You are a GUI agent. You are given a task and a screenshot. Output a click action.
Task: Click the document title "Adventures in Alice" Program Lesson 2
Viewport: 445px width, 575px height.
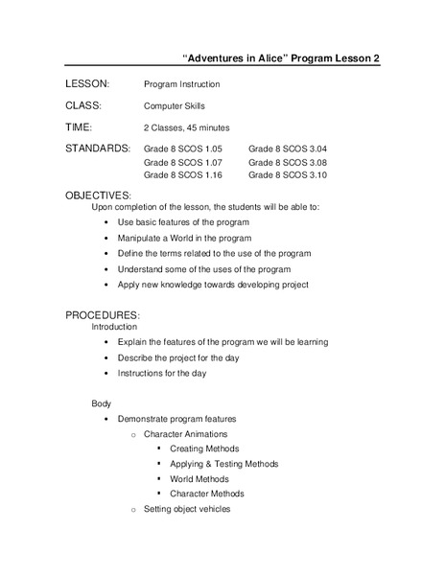pyautogui.click(x=282, y=57)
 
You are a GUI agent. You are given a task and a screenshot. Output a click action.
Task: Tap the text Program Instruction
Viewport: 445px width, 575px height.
pyautogui.click(x=182, y=84)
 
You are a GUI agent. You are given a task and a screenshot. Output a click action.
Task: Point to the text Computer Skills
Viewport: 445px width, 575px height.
pyautogui.click(x=175, y=106)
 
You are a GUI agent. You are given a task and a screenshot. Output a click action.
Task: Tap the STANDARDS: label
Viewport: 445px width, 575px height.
pyautogui.click(x=98, y=149)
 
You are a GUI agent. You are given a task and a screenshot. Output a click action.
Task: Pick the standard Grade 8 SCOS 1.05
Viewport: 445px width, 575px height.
pyautogui.click(x=183, y=149)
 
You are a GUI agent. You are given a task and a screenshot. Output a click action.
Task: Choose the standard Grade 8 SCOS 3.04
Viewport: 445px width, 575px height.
pyautogui.click(x=288, y=149)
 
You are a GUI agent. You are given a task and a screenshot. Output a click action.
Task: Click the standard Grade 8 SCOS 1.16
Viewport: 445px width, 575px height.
pyautogui.click(x=183, y=175)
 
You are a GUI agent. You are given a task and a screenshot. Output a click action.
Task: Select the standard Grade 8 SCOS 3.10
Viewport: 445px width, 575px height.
pyautogui.click(x=288, y=175)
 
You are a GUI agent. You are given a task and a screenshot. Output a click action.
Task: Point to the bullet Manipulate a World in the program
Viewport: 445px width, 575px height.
pyautogui.click(x=184, y=238)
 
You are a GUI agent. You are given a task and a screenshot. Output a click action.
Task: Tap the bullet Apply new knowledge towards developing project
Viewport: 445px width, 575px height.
pyautogui.click(x=213, y=285)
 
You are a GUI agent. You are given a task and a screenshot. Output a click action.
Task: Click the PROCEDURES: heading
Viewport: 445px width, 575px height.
pyautogui.click(x=103, y=315)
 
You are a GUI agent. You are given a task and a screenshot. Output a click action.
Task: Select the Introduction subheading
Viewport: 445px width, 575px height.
pyautogui.click(x=114, y=327)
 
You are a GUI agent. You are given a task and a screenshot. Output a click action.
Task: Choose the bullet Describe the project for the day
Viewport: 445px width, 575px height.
pyautogui.click(x=178, y=357)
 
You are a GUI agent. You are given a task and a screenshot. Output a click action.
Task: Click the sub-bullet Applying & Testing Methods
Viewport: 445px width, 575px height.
pyautogui.click(x=223, y=464)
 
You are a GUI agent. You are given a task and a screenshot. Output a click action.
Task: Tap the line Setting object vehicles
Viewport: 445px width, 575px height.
pyautogui.click(x=187, y=510)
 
